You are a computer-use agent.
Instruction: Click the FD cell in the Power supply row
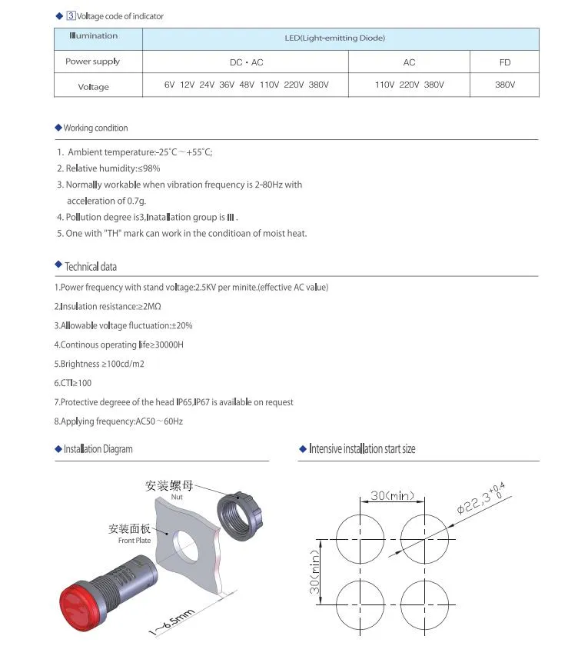coord(504,62)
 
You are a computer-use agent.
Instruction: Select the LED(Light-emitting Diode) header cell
coord(340,38)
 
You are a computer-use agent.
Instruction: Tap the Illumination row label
coord(94,36)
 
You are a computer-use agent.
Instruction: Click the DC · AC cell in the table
coord(246,62)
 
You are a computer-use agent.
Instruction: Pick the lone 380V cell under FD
coord(504,85)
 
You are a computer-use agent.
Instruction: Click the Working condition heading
coord(95,128)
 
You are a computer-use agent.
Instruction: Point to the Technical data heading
coord(91,267)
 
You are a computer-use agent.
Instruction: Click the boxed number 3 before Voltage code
coord(71,15)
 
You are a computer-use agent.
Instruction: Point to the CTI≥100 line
coord(73,383)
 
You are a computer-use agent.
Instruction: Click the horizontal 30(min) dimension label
coord(392,496)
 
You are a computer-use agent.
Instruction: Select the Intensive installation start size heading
coord(362,448)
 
